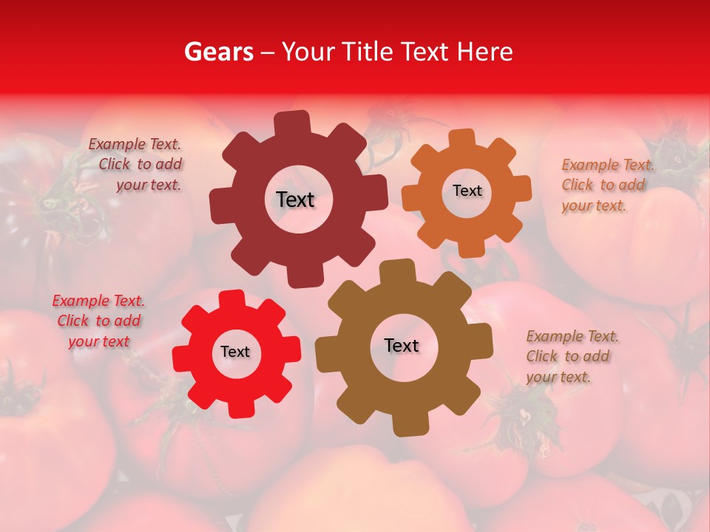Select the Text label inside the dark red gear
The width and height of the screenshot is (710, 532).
coord(295,199)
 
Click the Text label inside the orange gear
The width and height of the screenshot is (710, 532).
coord(467,191)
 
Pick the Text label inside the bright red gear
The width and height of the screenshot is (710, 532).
coord(235,352)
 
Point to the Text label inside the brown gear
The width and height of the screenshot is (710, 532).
coord(402,345)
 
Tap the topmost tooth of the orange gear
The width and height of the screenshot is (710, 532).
coord(462,137)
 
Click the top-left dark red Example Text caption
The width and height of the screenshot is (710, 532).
coord(135,165)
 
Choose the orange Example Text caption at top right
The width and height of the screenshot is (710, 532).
coord(606,185)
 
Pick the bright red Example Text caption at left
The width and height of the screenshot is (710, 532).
coord(98,321)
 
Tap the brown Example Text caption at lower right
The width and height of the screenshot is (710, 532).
coord(571,356)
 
